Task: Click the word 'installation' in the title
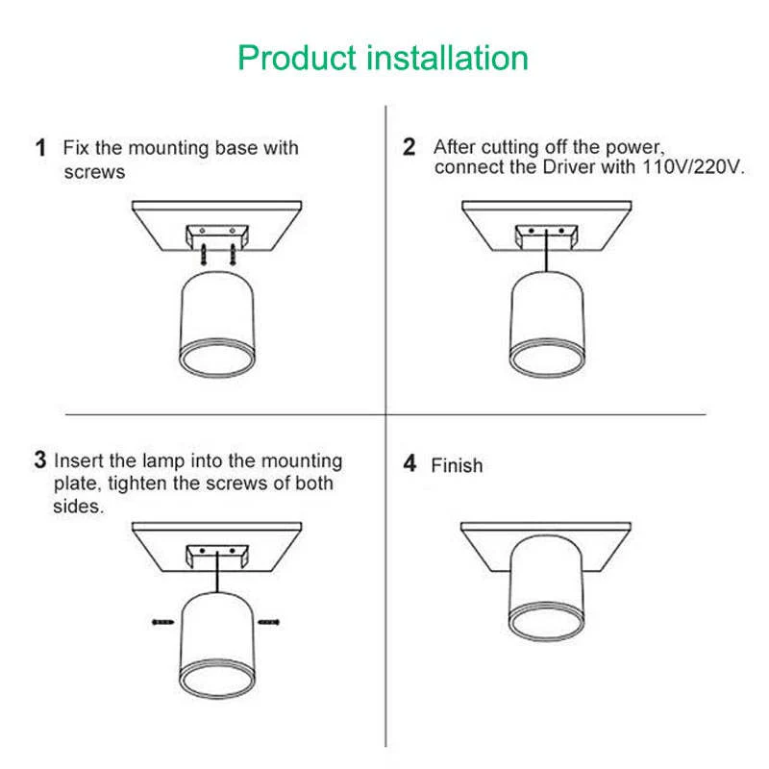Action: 449,58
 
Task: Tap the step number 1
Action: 40,148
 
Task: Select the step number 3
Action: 40,459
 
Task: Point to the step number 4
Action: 409,464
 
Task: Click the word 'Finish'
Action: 457,465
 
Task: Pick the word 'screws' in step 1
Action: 94,172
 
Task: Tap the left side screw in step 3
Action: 161,624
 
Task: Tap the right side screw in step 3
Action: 269,624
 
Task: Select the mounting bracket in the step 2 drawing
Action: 545,234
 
